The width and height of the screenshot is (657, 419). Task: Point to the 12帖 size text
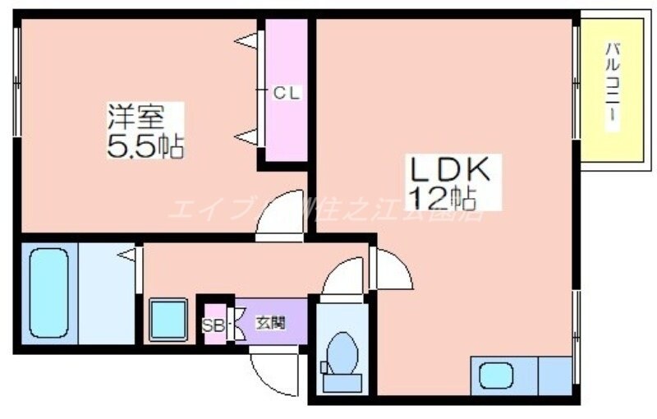click(443, 197)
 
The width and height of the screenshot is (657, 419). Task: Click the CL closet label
click(287, 93)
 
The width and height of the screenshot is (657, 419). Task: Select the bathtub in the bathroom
click(52, 293)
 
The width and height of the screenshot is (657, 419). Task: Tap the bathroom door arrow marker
click(128, 256)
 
